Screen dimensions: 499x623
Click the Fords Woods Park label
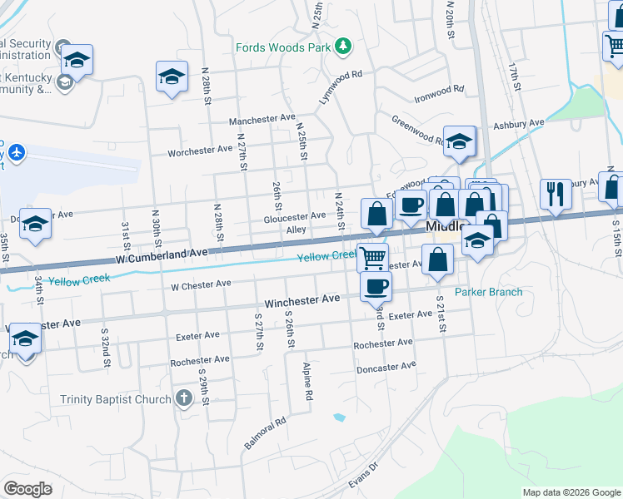282,47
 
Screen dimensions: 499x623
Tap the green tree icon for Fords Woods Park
342,46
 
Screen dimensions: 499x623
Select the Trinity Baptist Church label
115,399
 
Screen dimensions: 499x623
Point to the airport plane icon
17,153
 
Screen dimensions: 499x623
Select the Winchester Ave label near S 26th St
302,299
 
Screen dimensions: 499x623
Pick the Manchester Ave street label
263,119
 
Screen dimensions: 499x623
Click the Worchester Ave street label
200,151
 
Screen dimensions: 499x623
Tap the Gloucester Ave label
294,215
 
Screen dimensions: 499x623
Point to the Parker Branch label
488,292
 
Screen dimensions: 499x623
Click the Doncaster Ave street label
386,367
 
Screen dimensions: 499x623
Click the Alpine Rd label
308,382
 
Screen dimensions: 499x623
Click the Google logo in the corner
28,489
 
